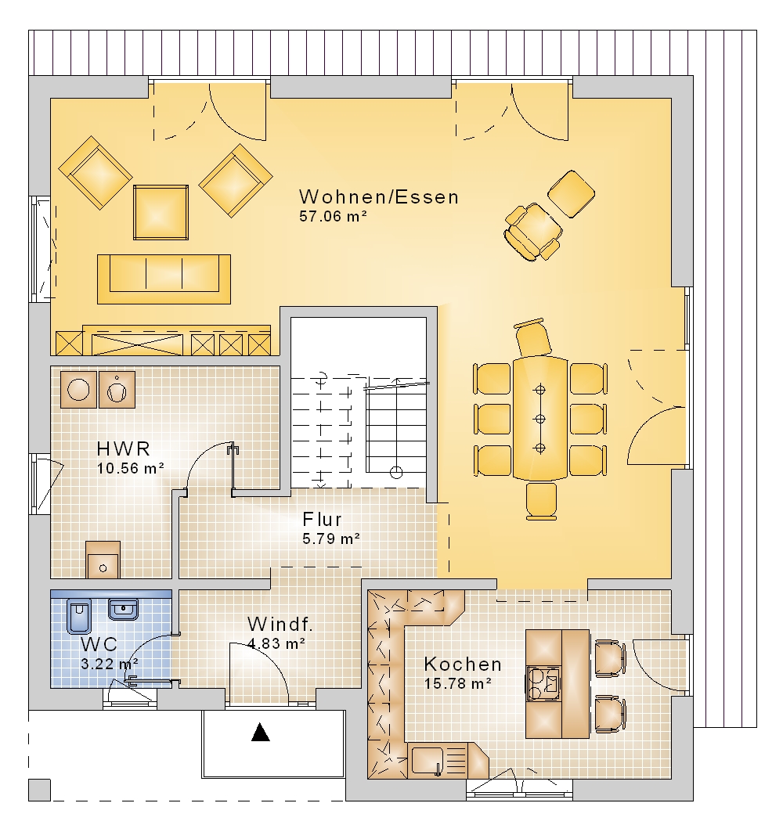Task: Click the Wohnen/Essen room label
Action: [378, 197]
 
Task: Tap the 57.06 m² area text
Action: [334, 216]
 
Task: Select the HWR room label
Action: [123, 449]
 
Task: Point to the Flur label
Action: [323, 519]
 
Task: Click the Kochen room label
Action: [463, 664]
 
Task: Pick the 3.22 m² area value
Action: [110, 664]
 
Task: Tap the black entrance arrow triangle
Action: [260, 732]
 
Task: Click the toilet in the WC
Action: [79, 616]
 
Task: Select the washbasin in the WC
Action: [123, 610]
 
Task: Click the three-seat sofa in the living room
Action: [164, 279]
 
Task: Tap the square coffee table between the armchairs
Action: [161, 212]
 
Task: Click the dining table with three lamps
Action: [540, 419]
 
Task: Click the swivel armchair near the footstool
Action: [532, 232]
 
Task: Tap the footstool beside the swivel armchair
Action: [571, 193]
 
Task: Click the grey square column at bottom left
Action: [39, 790]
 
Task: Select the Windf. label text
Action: [280, 624]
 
